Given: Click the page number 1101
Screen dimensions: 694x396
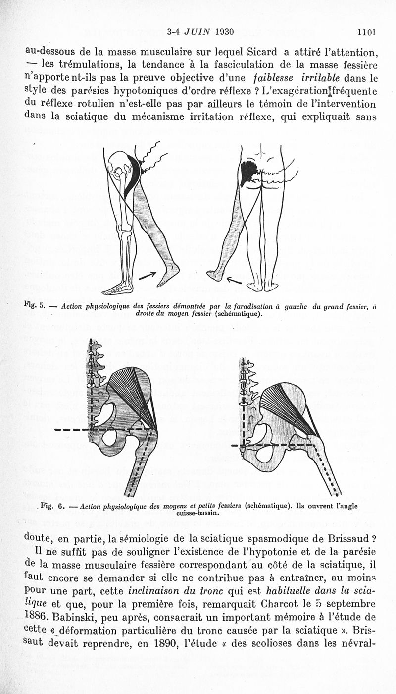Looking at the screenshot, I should click(366, 33).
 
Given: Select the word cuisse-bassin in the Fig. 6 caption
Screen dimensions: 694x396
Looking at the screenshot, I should click(197, 513).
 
